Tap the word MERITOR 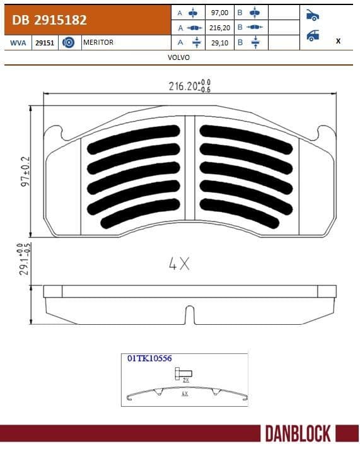pyautogui.click(x=98, y=42)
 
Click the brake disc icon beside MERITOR pyautogui.click(x=69, y=42)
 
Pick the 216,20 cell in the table pyautogui.click(x=218, y=27)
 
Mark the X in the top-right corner pyautogui.click(x=339, y=40)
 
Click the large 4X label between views pyautogui.click(x=179, y=264)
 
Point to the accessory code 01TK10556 pyautogui.click(x=149, y=358)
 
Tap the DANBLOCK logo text pyautogui.click(x=298, y=434)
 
